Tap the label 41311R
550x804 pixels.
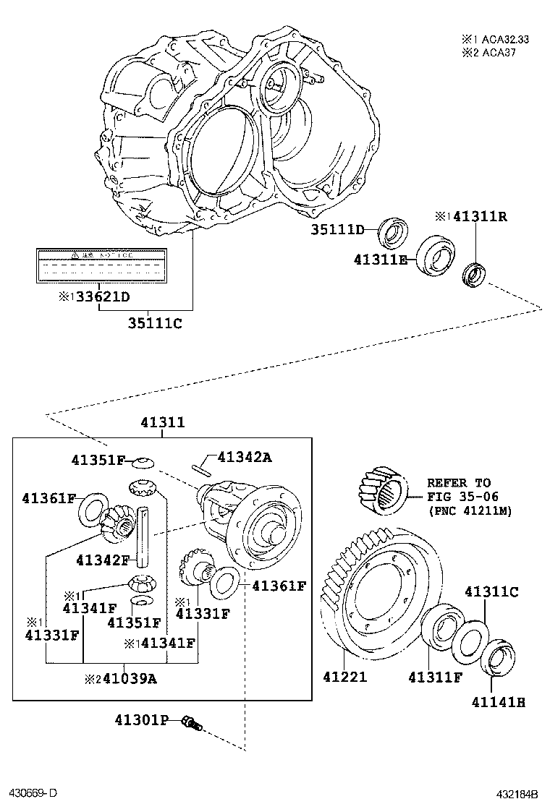pos(480,216)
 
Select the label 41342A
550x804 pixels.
pos(245,456)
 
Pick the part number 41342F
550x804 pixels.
pos(103,560)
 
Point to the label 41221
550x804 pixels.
pos(345,677)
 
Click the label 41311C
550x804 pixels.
pos(491,591)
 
